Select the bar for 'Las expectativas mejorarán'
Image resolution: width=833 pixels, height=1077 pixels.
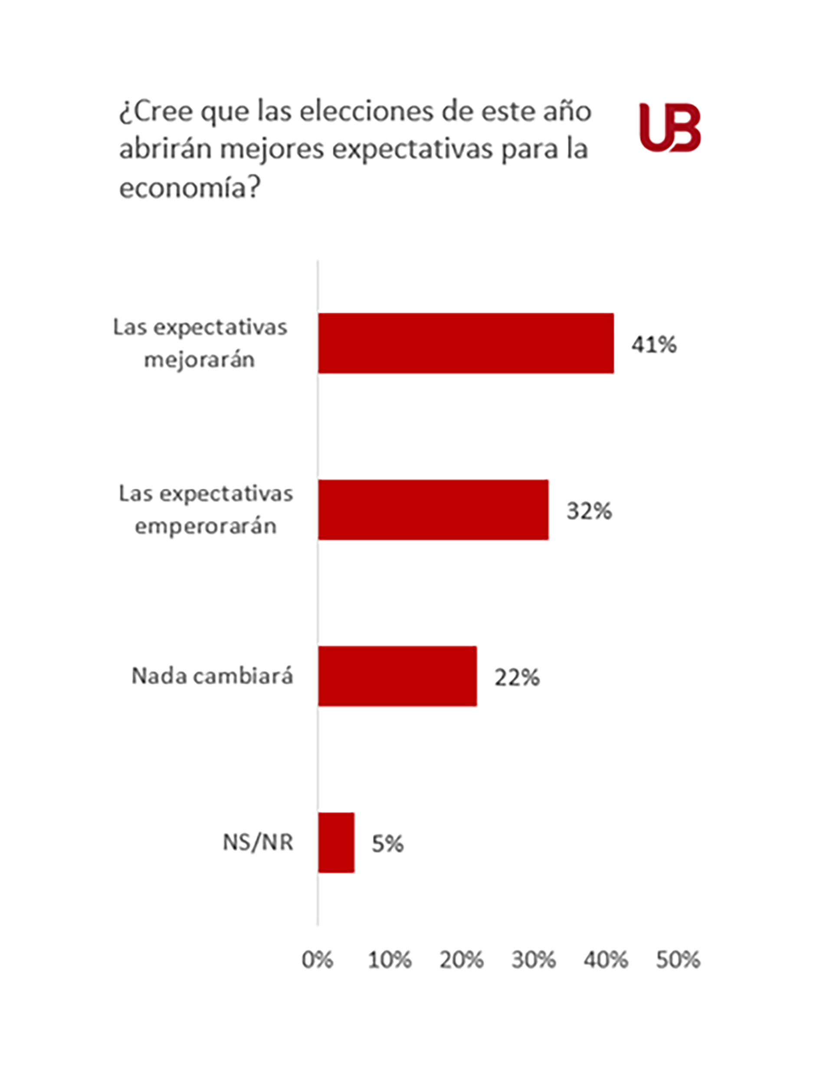[466, 343]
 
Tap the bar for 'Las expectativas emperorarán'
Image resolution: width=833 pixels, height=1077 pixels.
[433, 509]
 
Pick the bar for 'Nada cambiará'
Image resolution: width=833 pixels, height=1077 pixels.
[397, 676]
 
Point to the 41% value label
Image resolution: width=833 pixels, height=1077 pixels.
[654, 344]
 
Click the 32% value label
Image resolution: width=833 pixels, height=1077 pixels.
[589, 510]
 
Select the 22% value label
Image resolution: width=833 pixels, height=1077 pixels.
[517, 677]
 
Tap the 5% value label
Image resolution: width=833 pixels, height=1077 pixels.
[387, 844]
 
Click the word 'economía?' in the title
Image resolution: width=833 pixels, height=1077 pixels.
[190, 187]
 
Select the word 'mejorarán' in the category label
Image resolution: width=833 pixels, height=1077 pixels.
[200, 359]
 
